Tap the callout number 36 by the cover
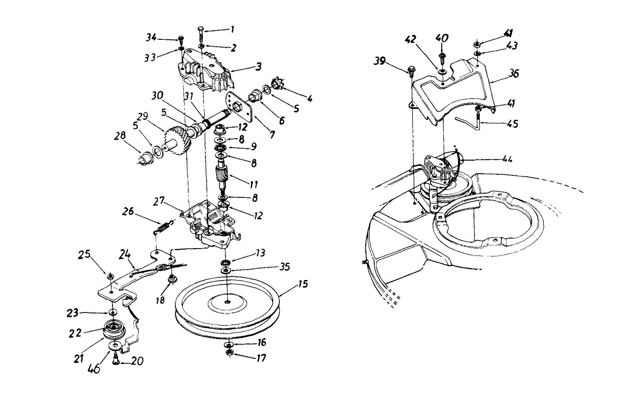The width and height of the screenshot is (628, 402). (513, 75)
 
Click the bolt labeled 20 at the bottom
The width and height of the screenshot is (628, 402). (116, 361)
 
